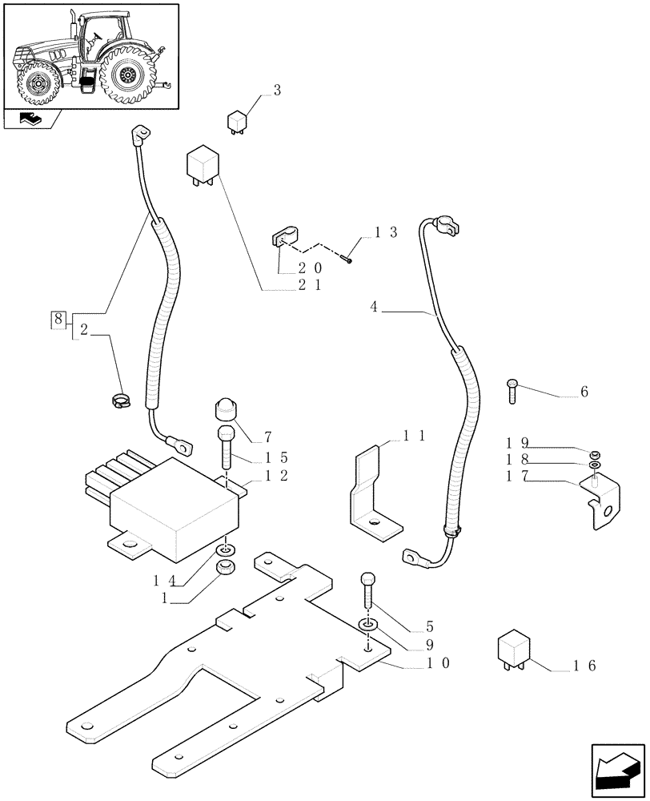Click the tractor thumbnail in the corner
click(x=90, y=56)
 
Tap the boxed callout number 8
click(x=57, y=320)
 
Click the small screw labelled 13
click(x=347, y=258)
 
